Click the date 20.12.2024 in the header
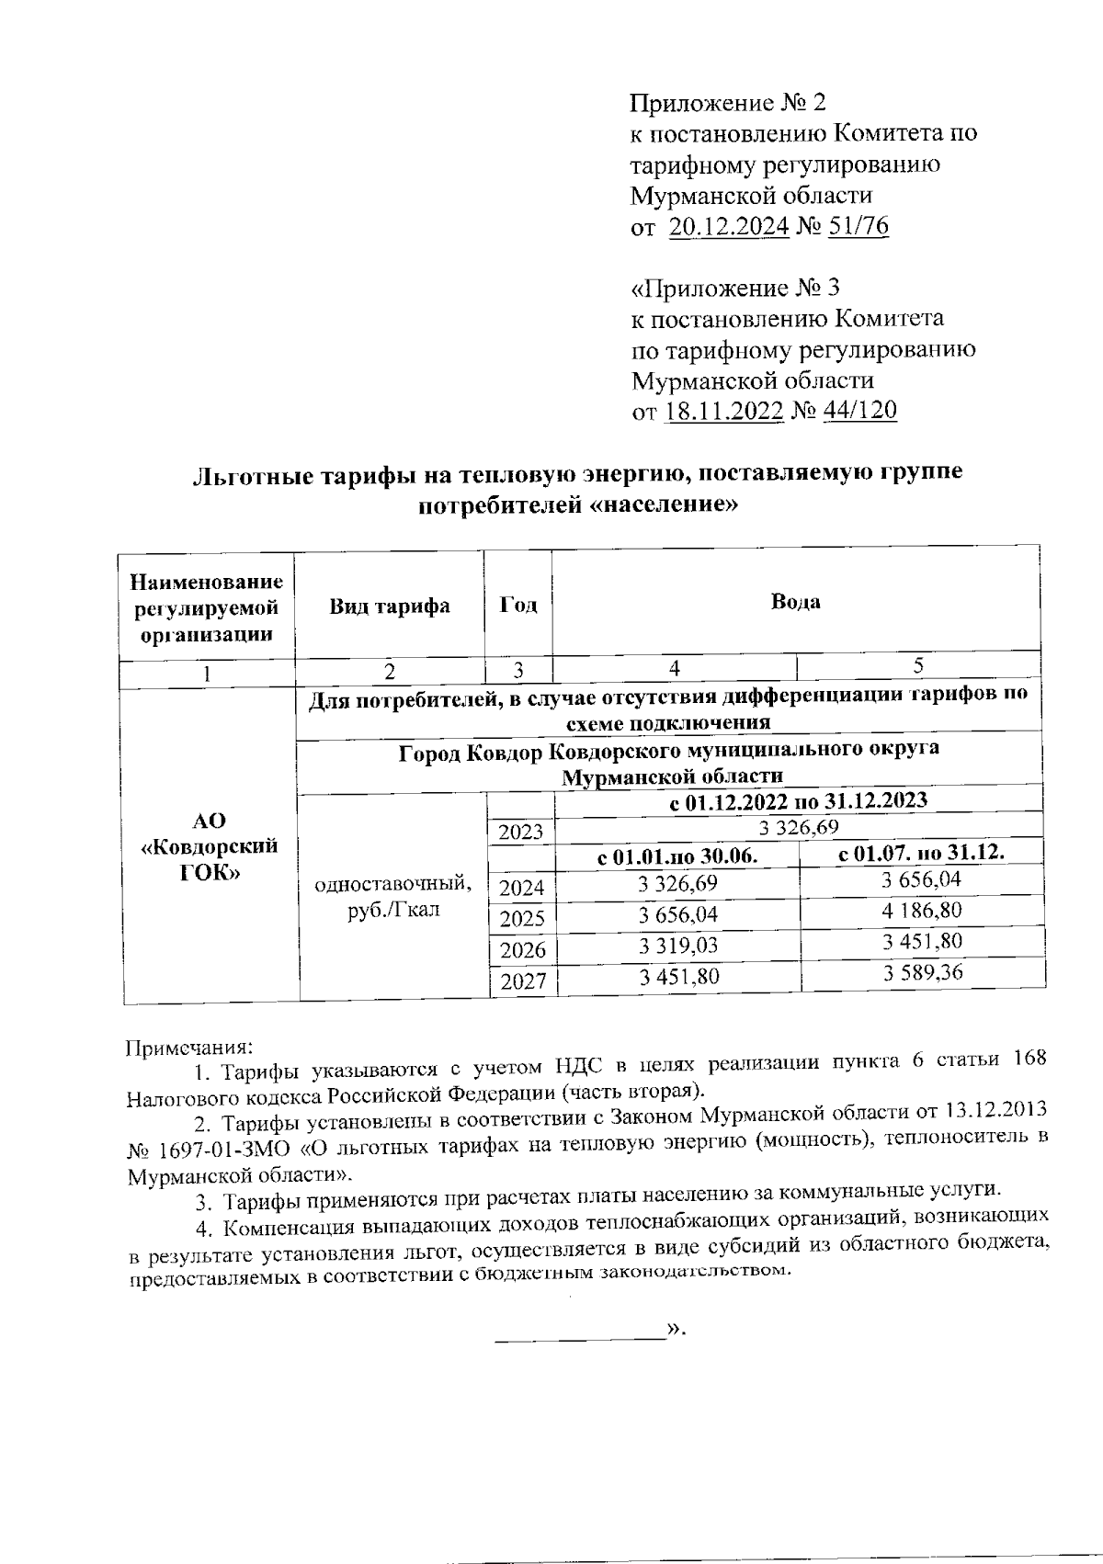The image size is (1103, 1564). point(728,226)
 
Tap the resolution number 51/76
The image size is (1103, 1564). point(859,226)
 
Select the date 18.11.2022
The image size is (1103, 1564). point(723,411)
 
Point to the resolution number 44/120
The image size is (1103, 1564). point(859,411)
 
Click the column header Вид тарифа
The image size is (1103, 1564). point(390,606)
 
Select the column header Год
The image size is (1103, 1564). point(518,606)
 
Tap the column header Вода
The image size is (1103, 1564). point(795,603)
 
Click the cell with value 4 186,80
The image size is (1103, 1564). point(922,911)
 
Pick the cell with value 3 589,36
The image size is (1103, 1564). point(922,972)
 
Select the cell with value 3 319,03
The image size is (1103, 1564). point(678,946)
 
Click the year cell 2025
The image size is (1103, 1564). point(522,918)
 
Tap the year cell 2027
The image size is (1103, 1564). point(522,981)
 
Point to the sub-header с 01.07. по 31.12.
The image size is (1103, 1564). point(922,853)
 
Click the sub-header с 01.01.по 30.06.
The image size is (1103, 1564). point(677,857)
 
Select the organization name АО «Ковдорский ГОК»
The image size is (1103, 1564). point(209,845)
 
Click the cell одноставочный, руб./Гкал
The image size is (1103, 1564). point(393,897)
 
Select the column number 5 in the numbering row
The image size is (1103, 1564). point(918,665)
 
